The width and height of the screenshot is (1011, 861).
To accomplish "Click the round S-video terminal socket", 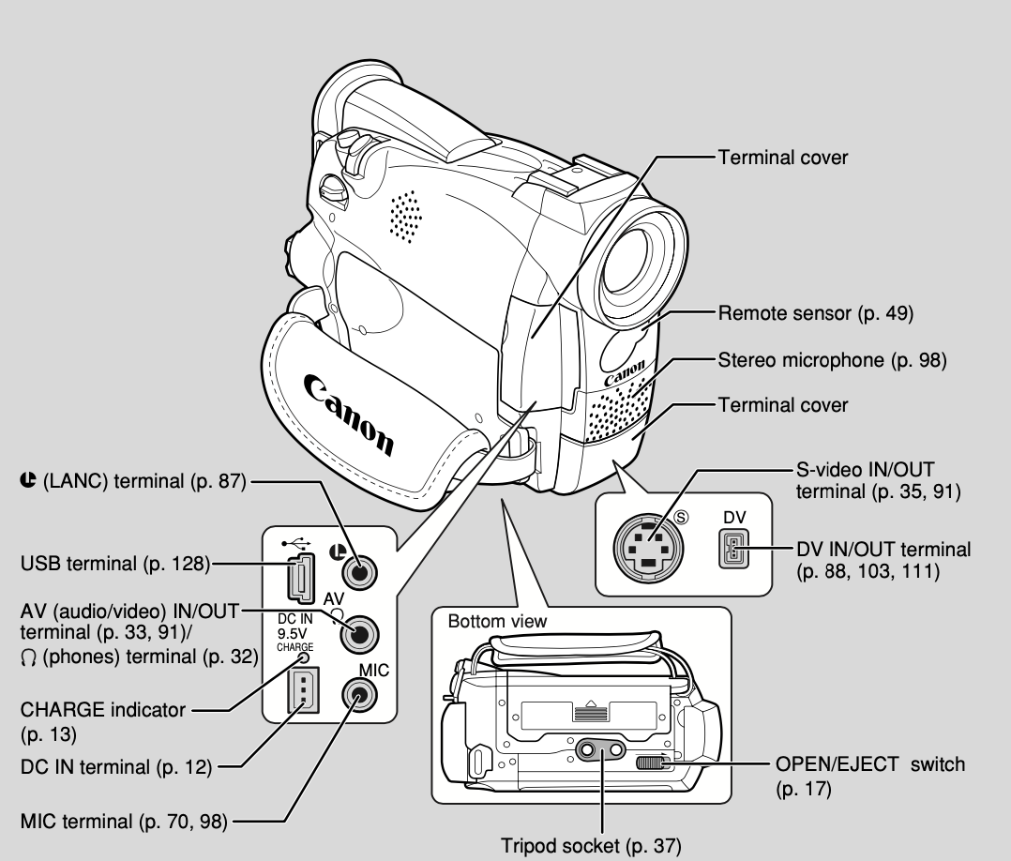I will click(x=646, y=549).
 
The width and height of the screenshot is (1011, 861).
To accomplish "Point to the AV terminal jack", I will click(x=358, y=634).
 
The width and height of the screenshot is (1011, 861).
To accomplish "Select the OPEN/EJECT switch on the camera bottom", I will click(x=655, y=763).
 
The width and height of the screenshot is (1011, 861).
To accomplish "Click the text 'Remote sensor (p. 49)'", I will click(x=814, y=312).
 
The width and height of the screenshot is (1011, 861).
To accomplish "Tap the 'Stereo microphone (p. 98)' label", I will click(x=832, y=359).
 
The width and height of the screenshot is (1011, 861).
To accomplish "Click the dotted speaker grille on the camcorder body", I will click(x=405, y=216).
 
